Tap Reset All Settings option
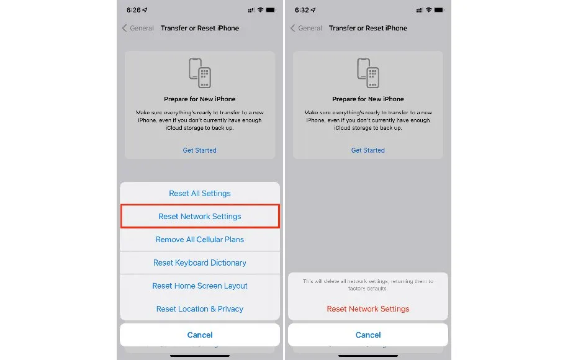pyautogui.click(x=200, y=194)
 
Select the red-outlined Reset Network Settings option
pyautogui.click(x=200, y=216)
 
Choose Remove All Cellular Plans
pyautogui.click(x=200, y=240)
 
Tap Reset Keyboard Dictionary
pyautogui.click(x=200, y=263)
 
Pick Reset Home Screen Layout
pyautogui.click(x=200, y=286)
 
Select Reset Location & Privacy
pyautogui.click(x=200, y=309)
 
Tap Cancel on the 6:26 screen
pyautogui.click(x=200, y=335)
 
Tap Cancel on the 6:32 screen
pyautogui.click(x=368, y=335)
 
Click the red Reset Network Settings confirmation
pyautogui.click(x=368, y=309)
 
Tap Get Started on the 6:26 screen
pyautogui.click(x=200, y=150)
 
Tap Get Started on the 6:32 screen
pyautogui.click(x=368, y=150)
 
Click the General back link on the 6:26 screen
pyautogui.click(x=138, y=29)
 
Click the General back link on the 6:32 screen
pyautogui.click(x=306, y=29)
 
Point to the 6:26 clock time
pyautogui.click(x=133, y=10)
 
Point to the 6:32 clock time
pyautogui.click(x=302, y=10)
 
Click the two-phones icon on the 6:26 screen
pyautogui.click(x=200, y=73)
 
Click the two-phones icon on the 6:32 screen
pyautogui.click(x=368, y=73)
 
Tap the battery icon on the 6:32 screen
pyautogui.click(x=439, y=10)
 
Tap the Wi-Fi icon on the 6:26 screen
pyautogui.click(x=261, y=10)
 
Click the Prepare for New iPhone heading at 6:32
pyautogui.click(x=368, y=99)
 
